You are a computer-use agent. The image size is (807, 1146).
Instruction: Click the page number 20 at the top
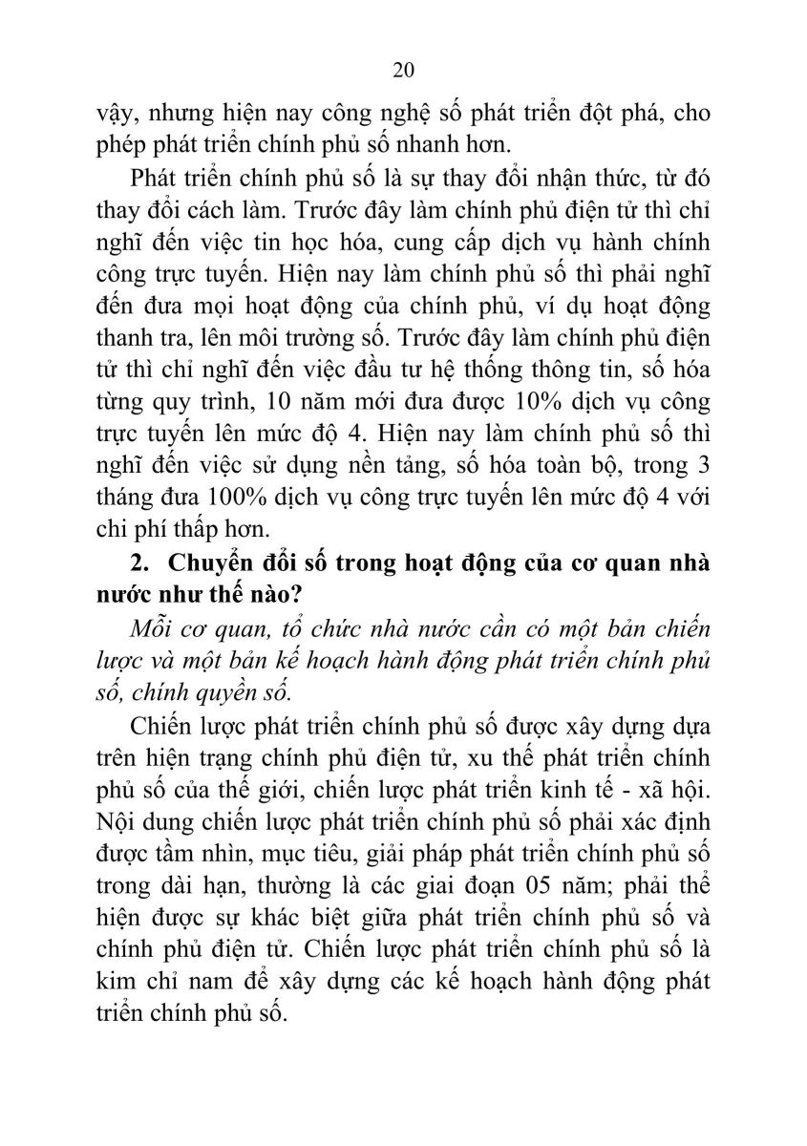(403, 71)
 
